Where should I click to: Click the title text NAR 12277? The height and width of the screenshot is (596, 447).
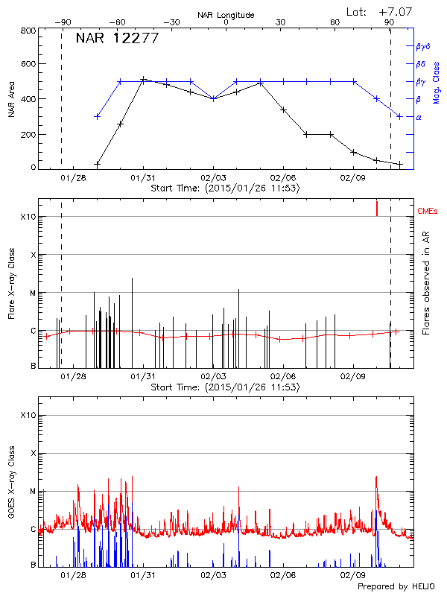[x=117, y=39]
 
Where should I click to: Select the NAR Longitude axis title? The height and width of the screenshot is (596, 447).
[x=226, y=15]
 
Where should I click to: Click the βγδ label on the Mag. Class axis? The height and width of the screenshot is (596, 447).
[x=423, y=46]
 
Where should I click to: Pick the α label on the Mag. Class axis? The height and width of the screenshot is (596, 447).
[x=418, y=117]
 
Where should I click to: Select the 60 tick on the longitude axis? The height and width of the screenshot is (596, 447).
[x=335, y=22]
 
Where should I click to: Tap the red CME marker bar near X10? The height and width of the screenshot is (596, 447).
[x=377, y=208]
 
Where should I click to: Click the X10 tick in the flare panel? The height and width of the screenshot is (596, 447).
[x=28, y=217]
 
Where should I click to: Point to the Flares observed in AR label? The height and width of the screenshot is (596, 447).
[x=426, y=283]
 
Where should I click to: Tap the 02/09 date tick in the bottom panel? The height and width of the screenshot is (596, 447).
[x=352, y=575]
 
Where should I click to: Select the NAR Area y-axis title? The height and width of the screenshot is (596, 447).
[x=12, y=99]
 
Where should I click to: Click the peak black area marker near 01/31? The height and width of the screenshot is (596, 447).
[x=143, y=79]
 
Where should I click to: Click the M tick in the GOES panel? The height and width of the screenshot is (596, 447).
[x=33, y=491]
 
